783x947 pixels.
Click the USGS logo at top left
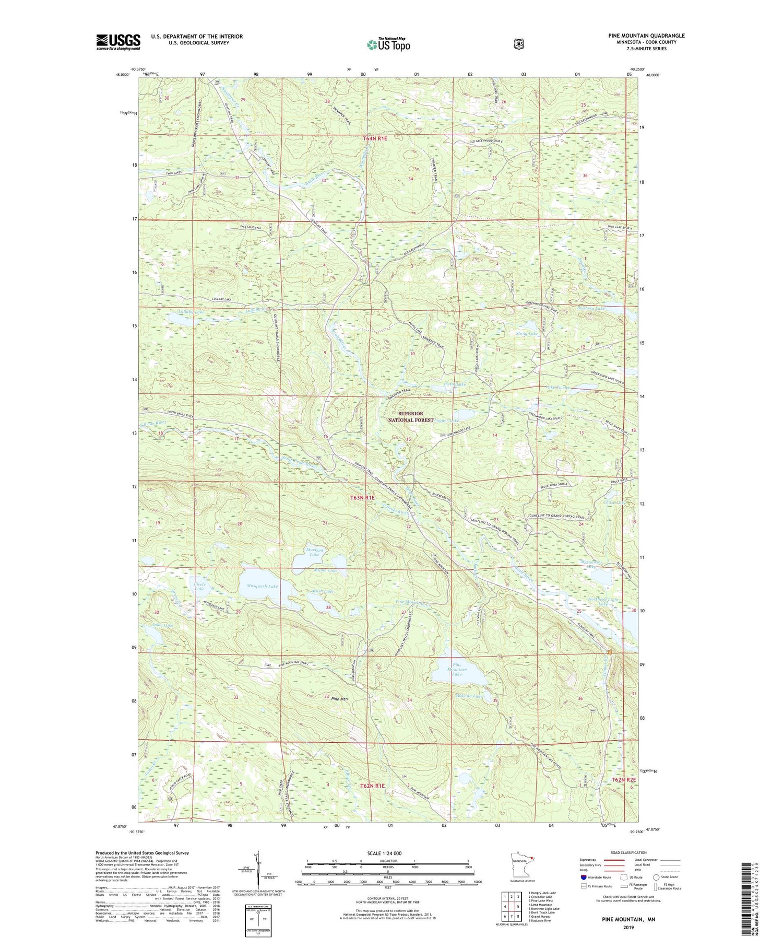click(x=118, y=42)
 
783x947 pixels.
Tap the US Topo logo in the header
click(x=388, y=44)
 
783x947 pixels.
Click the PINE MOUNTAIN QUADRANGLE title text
click(x=646, y=36)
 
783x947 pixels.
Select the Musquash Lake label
click(x=262, y=586)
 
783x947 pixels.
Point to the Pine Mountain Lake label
click(x=457, y=670)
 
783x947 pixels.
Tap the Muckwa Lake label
click(x=314, y=552)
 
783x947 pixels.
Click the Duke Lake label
click(x=162, y=625)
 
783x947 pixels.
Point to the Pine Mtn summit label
click(x=339, y=699)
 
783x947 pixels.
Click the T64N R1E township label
click(x=375, y=138)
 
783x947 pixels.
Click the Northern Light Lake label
click(x=603, y=602)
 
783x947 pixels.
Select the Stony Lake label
click(x=526, y=333)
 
